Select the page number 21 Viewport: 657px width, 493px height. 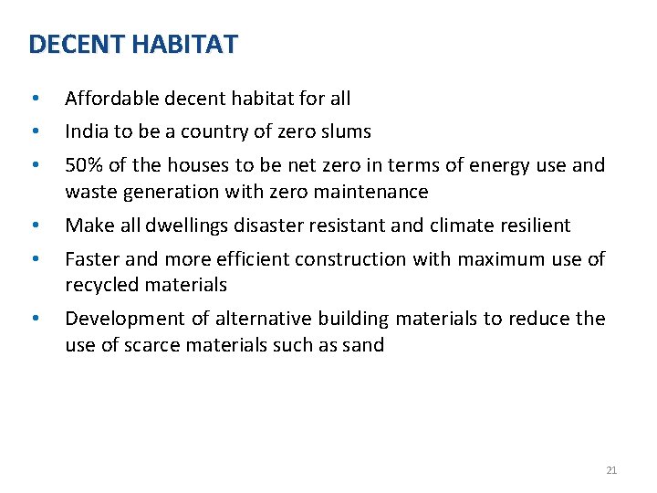[611, 470]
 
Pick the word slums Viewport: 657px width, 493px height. [347, 131]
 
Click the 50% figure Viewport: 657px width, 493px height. [83, 165]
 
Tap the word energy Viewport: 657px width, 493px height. [494, 165]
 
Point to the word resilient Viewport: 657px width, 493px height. [533, 226]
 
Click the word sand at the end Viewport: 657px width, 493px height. [365, 345]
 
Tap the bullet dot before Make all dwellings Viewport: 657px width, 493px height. [34, 226]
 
